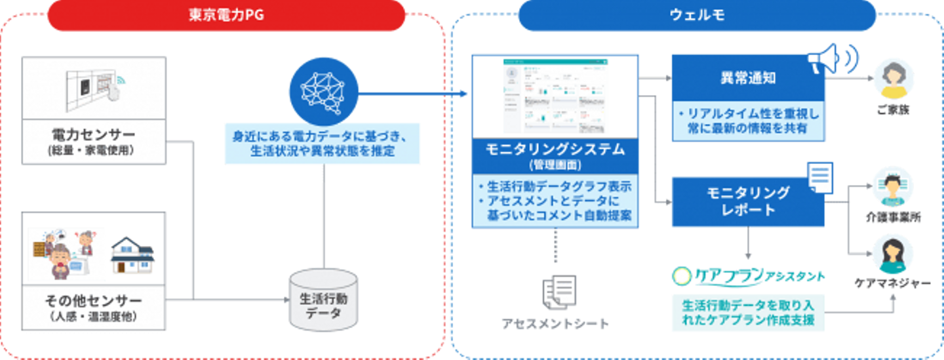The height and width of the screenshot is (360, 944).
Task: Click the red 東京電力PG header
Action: [x=226, y=15]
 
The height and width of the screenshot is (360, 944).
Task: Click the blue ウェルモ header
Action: [x=696, y=15]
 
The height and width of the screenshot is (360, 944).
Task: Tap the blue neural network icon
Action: [x=323, y=90]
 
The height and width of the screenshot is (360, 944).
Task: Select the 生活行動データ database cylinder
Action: [x=324, y=298]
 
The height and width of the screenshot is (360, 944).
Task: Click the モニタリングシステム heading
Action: [x=555, y=150]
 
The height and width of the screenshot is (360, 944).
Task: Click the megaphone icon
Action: [x=832, y=58]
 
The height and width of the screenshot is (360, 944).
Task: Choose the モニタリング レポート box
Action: [x=747, y=201]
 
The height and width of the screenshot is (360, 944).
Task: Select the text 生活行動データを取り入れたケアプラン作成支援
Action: [x=748, y=313]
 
